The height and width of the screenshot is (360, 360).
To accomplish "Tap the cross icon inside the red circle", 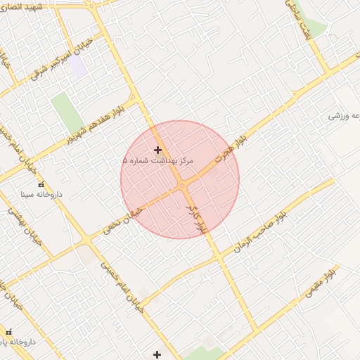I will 157,150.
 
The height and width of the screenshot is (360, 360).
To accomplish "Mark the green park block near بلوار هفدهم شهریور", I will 66,111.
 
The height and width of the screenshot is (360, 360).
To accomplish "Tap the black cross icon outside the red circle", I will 157,354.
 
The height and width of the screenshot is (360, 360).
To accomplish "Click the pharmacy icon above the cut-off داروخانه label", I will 8,332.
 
